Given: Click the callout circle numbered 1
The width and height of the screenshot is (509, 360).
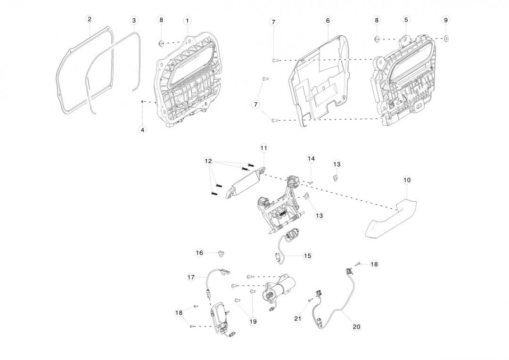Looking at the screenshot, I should (x=188, y=20).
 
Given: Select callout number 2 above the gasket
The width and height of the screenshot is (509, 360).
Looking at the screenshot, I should (x=90, y=19).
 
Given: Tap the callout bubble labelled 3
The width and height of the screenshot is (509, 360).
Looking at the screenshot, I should (x=134, y=20).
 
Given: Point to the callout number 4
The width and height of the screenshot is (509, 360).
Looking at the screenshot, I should (x=143, y=129).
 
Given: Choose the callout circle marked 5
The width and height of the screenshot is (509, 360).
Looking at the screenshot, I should (x=406, y=20).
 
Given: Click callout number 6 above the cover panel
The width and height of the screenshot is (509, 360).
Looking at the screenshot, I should (x=328, y=20).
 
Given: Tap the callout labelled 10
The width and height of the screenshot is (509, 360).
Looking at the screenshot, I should (x=407, y=180).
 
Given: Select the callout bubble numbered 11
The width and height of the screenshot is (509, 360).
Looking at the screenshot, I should (x=263, y=148).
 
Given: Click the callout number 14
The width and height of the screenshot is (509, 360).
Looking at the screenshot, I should (x=311, y=158).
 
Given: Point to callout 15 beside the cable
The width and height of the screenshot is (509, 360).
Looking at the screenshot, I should (x=307, y=256).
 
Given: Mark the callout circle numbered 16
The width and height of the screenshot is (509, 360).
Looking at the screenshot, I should (x=199, y=253).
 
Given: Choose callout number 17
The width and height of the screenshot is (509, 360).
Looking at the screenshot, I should (x=191, y=278).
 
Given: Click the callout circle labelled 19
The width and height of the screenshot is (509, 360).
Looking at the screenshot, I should (x=253, y=321).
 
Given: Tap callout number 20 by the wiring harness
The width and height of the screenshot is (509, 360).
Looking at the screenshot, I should (x=356, y=326).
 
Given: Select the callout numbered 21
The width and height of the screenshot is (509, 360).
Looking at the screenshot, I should (x=297, y=319).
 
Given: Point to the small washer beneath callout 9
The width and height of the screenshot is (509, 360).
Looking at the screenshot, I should (x=446, y=38).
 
